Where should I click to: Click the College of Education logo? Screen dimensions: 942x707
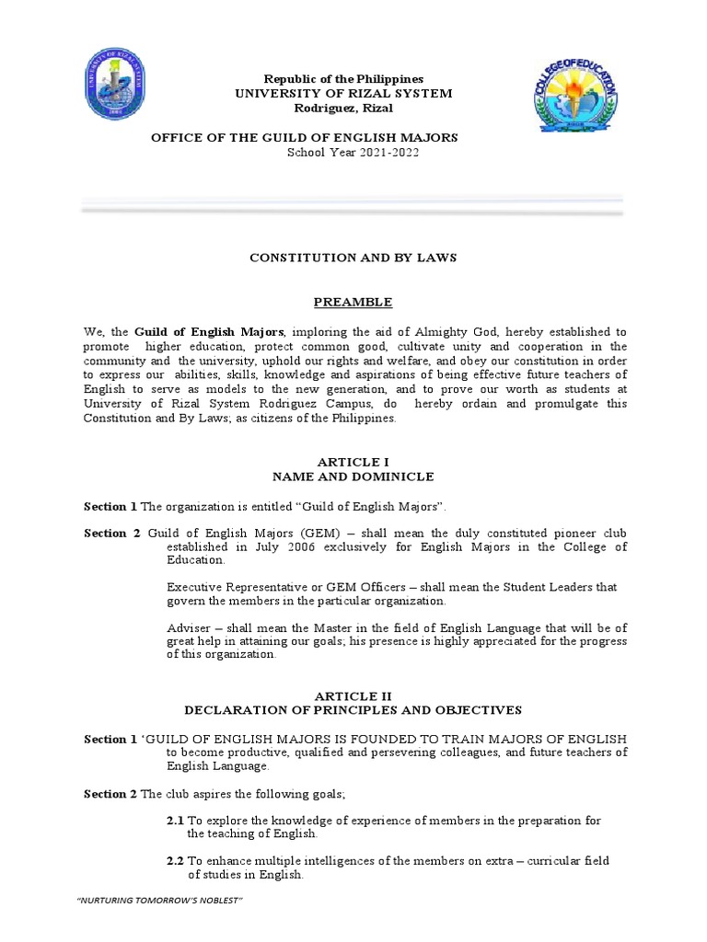point(577,98)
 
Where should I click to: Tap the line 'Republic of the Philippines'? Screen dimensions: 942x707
point(344,79)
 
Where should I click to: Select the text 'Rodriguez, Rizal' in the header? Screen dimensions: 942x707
point(342,109)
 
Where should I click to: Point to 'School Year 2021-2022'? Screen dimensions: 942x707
point(353,153)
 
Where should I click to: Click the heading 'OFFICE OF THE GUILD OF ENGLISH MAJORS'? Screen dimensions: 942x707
point(304,137)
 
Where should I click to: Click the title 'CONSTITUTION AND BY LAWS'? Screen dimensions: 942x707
point(353,258)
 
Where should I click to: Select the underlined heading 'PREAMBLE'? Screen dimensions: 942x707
point(353,302)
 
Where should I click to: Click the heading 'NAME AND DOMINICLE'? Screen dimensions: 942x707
point(353,477)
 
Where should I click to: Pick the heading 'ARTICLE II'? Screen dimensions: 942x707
point(353,696)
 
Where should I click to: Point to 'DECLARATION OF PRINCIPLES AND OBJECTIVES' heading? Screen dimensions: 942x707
point(353,710)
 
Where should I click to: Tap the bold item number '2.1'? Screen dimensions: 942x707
point(175,821)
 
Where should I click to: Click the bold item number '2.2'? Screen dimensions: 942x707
point(175,861)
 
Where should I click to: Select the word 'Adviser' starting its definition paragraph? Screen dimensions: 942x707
point(188,628)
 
